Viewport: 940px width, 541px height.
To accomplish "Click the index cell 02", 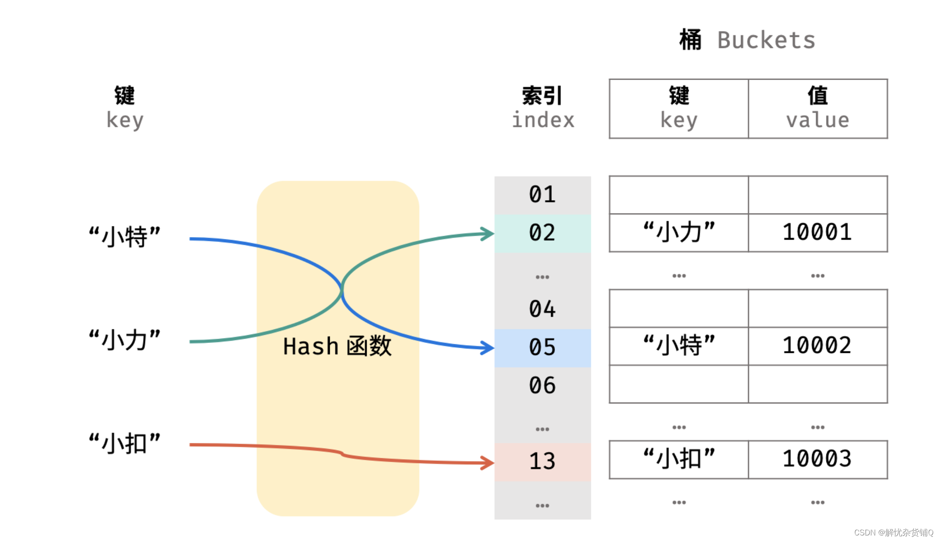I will [x=542, y=233].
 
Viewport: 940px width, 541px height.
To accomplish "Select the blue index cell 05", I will [x=542, y=347].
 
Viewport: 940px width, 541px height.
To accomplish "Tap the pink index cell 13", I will [x=542, y=462].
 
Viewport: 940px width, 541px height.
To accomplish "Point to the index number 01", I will [x=542, y=195].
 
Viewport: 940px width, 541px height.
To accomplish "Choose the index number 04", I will [x=542, y=309].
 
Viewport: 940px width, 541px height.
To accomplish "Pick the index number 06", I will [x=542, y=385].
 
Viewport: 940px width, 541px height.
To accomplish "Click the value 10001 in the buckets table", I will [x=817, y=232].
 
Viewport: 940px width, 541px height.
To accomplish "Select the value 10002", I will [x=817, y=346].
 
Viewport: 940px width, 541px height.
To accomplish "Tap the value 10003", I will [x=817, y=459].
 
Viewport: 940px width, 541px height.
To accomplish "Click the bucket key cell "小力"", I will [x=679, y=232].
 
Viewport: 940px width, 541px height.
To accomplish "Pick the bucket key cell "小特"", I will [x=679, y=346].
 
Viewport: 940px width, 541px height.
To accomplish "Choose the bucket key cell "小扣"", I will [x=679, y=459].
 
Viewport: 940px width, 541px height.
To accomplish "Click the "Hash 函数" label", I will [x=337, y=346].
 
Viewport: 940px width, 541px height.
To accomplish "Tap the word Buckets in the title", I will [x=766, y=41].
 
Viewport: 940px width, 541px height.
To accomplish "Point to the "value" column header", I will [x=817, y=120].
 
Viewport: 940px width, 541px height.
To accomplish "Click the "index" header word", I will [x=543, y=120].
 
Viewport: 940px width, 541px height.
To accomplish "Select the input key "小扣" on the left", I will [x=124, y=444].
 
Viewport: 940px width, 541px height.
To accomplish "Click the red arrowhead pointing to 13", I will [x=488, y=463].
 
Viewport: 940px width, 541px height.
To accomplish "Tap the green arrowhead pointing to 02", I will [x=488, y=234].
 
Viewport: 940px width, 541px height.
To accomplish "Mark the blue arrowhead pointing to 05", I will [x=488, y=348].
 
